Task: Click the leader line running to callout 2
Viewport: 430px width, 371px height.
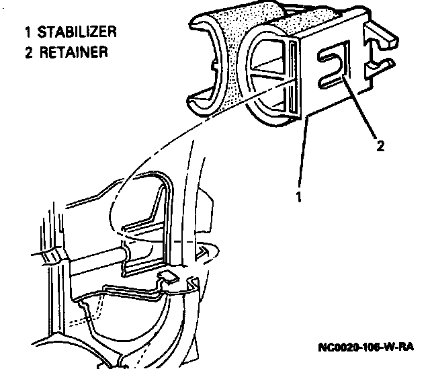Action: point(361,111)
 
